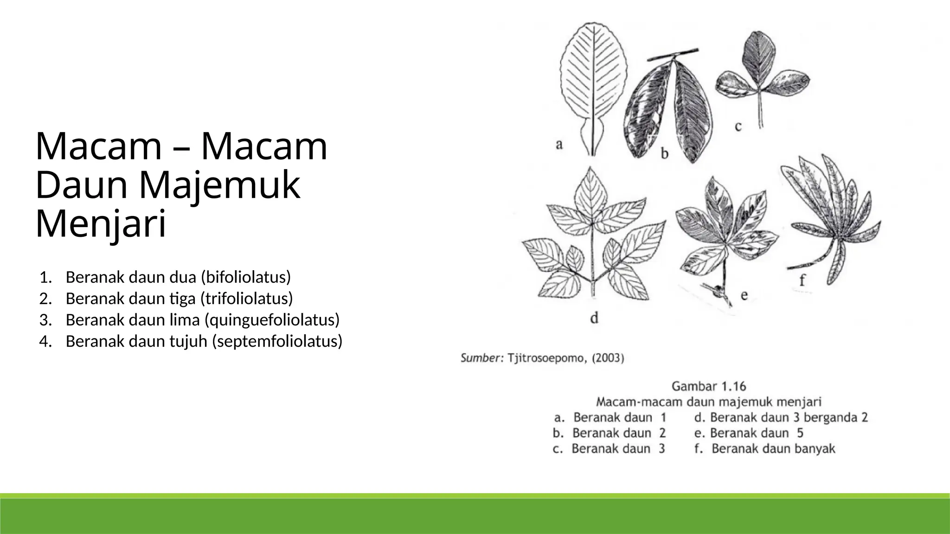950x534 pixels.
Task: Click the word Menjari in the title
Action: (x=101, y=224)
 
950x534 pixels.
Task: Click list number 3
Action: (x=45, y=320)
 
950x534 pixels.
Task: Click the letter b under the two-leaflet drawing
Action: (x=665, y=153)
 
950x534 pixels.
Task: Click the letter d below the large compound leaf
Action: (x=595, y=318)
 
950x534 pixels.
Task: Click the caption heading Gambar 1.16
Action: (x=708, y=386)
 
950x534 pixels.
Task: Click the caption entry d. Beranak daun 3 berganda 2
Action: (x=781, y=418)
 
